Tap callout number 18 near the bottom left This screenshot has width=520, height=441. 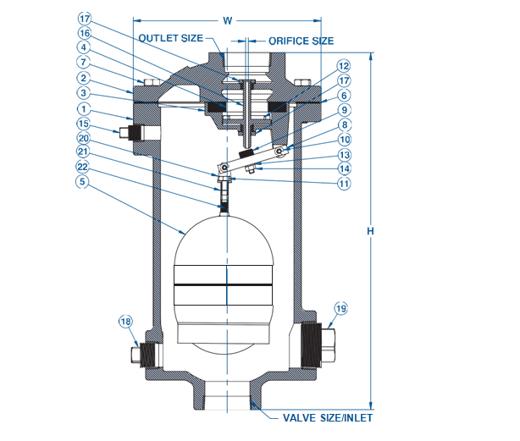(x=125, y=322)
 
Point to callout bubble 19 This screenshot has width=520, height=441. (x=340, y=308)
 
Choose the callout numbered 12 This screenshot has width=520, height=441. (x=343, y=66)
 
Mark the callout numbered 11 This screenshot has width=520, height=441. (x=343, y=182)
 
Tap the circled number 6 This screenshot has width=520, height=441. (x=343, y=96)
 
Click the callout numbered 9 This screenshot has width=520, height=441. (x=343, y=110)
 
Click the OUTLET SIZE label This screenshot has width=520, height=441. (x=174, y=39)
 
